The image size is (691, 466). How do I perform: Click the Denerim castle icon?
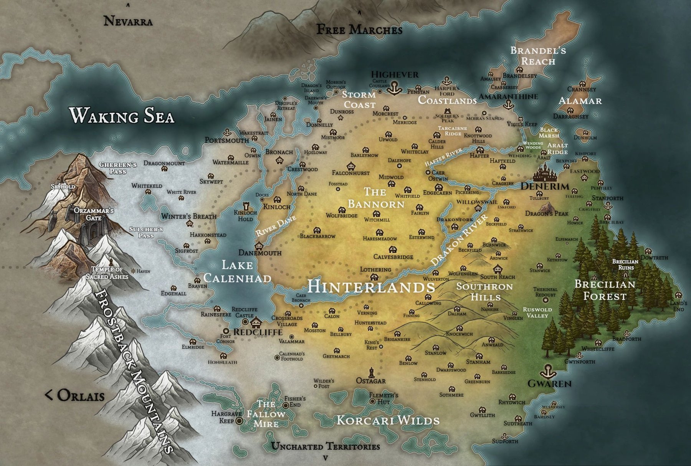click(x=545, y=174)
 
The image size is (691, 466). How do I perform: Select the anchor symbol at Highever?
click(x=394, y=88)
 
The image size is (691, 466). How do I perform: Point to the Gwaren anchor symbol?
click(x=546, y=372)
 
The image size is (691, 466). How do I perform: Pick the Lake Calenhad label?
click(x=237, y=271)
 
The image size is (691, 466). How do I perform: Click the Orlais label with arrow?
click(x=75, y=395)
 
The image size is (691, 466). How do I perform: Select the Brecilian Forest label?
click(x=604, y=290)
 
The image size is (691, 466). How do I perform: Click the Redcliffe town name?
click(x=258, y=332)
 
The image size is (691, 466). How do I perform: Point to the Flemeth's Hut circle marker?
click(x=372, y=401)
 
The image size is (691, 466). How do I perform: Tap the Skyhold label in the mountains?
click(x=63, y=187)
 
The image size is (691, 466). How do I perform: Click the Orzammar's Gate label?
click(x=94, y=214)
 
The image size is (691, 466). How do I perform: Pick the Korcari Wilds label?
click(x=388, y=420)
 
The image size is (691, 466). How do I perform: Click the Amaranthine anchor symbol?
click(x=509, y=104)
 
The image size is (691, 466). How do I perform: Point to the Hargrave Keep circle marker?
click(x=239, y=421)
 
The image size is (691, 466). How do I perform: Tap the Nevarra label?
click(x=128, y=21)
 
